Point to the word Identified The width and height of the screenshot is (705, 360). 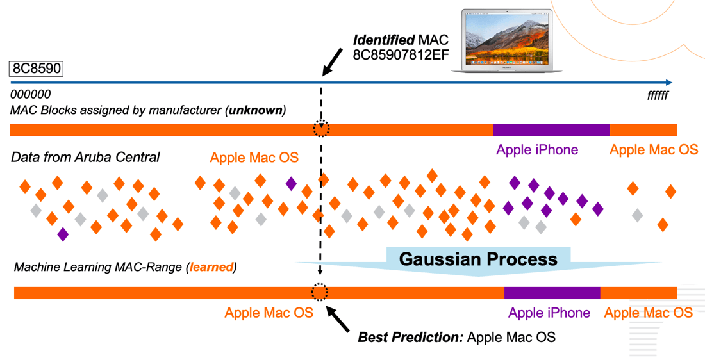(x=383, y=40)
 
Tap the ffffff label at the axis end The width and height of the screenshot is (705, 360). (x=658, y=96)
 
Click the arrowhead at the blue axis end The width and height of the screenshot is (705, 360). (x=668, y=82)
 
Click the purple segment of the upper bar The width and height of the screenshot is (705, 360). (x=551, y=130)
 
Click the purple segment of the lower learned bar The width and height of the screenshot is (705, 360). (x=552, y=293)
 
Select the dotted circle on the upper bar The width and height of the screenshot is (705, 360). (x=321, y=129)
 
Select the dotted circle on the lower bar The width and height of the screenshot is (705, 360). (x=319, y=293)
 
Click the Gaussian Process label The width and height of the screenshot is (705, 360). (x=478, y=259)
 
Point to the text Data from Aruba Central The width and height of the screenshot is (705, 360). (x=85, y=158)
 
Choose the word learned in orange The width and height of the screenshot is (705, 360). (x=210, y=267)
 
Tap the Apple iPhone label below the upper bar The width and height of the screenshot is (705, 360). (x=537, y=150)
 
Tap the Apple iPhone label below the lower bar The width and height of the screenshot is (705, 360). (x=549, y=313)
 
